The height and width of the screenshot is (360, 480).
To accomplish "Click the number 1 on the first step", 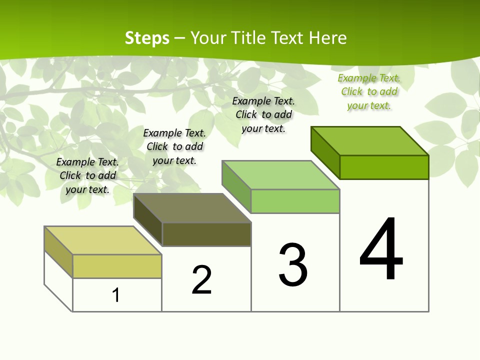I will point(116,295).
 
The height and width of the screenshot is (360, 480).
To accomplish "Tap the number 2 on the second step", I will point(201,279).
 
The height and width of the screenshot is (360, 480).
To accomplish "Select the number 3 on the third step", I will point(293,265).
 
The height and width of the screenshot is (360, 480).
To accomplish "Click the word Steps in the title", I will point(147,38).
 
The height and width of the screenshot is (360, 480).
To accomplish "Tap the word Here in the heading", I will point(328,38).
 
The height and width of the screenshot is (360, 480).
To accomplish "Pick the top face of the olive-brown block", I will point(192,208).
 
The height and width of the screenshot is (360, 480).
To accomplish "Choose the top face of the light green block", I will point(281,175).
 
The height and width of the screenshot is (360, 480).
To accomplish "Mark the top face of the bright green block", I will point(370,141).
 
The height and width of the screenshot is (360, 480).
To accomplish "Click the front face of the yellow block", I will point(117,266).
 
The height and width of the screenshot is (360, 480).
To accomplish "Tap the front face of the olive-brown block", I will point(206,234).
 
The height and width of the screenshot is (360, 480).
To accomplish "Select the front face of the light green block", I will point(295,201).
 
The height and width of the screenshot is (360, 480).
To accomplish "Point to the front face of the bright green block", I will point(384,167).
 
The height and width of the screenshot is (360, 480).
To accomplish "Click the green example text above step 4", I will point(369,91).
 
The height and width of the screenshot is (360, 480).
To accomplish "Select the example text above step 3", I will point(263,114).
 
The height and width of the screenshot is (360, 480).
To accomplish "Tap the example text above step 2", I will point(174,146).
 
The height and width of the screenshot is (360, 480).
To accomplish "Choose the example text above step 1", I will point(87,175).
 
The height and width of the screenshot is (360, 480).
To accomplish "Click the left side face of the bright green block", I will point(325,152).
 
